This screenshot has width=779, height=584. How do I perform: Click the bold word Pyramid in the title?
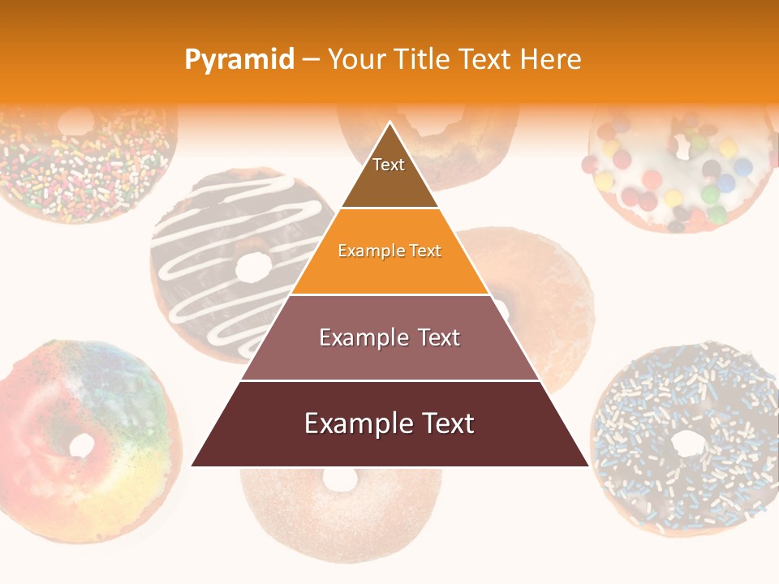pyautogui.click(x=239, y=59)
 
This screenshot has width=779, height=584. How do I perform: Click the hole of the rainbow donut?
pyautogui.click(x=82, y=444)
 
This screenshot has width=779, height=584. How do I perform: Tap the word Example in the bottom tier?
pyautogui.click(x=354, y=423)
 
